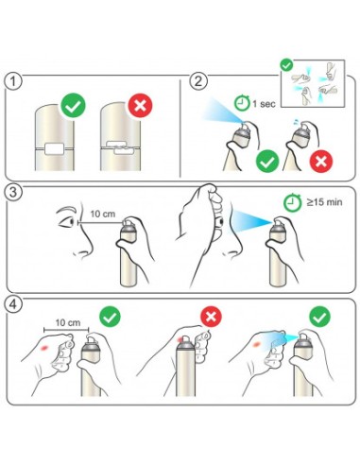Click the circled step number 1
(13, 81)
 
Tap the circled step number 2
(198, 81)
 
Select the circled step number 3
(13, 192)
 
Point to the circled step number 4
(13, 304)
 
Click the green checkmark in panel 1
(74, 105)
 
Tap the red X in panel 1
(140, 105)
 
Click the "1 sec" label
(264, 104)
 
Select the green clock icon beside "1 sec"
(242, 102)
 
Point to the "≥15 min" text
(324, 202)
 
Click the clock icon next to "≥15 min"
(292, 202)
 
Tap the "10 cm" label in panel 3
(103, 214)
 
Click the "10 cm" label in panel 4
(68, 322)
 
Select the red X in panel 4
(211, 316)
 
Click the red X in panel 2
(321, 162)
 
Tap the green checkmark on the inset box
(286, 65)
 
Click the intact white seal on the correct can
(55, 148)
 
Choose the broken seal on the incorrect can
(120, 147)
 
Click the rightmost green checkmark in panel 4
(319, 317)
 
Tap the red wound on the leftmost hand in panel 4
(44, 348)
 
